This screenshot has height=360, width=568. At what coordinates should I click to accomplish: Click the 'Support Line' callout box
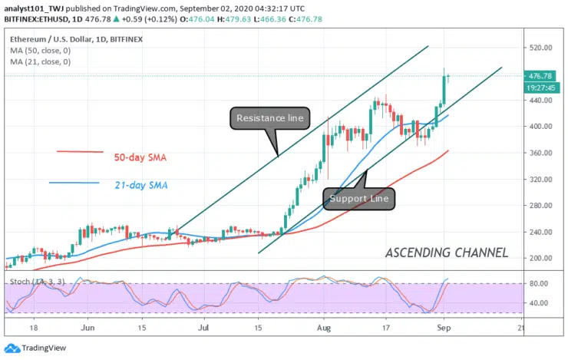click(x=360, y=199)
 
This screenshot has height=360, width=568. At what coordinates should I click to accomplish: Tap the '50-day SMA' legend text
click(x=140, y=158)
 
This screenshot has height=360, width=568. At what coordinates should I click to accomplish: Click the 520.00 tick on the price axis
click(x=542, y=48)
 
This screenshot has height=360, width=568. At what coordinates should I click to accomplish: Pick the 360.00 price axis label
click(x=542, y=153)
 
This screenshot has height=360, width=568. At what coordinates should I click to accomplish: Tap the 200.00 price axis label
click(x=542, y=258)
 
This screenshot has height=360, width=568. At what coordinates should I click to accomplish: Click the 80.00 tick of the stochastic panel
click(x=540, y=283)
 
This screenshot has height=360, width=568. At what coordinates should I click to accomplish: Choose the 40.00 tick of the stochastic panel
click(x=540, y=302)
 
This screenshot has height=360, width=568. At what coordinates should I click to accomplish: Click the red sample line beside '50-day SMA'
click(x=80, y=151)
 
